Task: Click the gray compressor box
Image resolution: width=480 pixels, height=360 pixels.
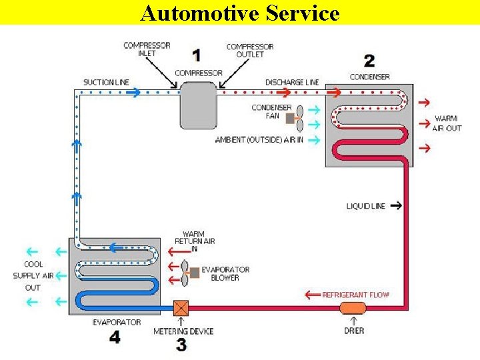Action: click(x=198, y=105)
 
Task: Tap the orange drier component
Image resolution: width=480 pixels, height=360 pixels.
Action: click(x=353, y=308)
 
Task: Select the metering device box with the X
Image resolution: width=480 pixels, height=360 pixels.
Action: click(x=181, y=309)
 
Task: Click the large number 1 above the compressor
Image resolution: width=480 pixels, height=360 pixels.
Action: click(x=196, y=55)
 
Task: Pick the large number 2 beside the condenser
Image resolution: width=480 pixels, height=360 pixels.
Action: click(x=369, y=61)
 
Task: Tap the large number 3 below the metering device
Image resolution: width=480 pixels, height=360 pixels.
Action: click(x=181, y=345)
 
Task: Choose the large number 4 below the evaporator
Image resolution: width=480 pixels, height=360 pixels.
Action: click(x=115, y=337)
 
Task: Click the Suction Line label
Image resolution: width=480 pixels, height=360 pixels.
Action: click(x=106, y=83)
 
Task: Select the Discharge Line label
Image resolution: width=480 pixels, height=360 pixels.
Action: click(x=292, y=83)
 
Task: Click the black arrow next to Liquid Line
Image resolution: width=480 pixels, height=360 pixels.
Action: click(x=395, y=206)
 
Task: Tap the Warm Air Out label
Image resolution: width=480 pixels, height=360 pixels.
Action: click(x=447, y=123)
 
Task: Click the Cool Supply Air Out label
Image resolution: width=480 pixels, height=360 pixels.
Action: click(x=33, y=276)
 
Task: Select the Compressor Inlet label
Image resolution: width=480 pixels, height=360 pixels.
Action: click(x=147, y=49)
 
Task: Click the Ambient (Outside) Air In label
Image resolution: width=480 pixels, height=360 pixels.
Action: click(x=259, y=140)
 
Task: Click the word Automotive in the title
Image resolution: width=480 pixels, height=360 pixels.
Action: click(x=191, y=13)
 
